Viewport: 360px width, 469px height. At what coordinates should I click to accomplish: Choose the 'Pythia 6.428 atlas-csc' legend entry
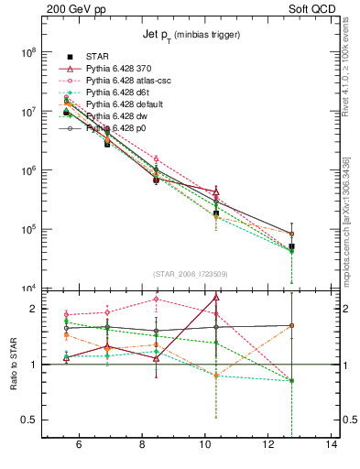tap(135, 81)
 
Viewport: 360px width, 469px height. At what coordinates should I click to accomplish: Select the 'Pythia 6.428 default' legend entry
tap(131, 104)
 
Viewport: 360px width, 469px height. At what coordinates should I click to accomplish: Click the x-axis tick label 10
tap(205, 446)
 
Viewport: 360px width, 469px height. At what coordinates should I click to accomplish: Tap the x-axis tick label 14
tap(332, 446)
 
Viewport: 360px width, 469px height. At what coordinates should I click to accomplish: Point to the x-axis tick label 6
tap(79, 446)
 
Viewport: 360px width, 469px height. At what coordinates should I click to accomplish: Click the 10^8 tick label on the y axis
tap(27, 53)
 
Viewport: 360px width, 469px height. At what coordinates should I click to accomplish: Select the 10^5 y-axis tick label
tap(27, 229)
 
